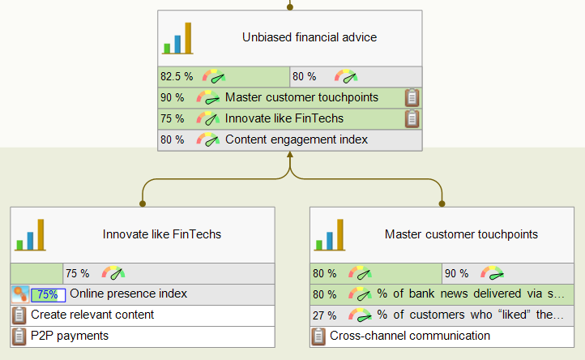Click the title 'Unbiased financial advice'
point(309,37)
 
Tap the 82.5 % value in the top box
point(177,77)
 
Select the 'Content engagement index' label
point(296,139)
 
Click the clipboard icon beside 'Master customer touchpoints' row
point(412,98)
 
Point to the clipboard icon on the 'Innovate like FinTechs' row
point(412,119)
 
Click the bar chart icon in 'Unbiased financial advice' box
point(178,38)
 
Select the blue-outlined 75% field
point(47,294)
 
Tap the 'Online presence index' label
point(128,294)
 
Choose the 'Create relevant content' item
point(92,315)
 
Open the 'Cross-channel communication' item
point(409,335)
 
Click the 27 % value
point(324,315)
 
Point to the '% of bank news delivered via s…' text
point(471,294)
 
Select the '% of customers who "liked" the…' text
point(471,315)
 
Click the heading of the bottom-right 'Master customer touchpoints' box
point(460,234)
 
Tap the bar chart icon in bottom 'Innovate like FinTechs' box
point(31,234)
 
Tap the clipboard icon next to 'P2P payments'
point(19,336)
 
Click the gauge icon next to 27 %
point(360,315)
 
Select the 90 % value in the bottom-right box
point(457,273)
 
